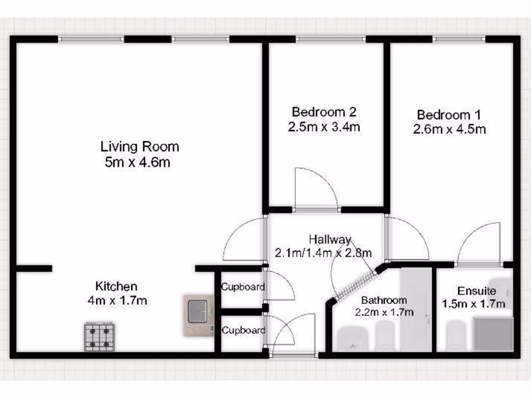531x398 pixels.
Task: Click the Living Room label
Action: (x=139, y=146)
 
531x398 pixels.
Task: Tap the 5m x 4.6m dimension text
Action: (x=137, y=162)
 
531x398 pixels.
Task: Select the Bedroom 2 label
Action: (x=324, y=111)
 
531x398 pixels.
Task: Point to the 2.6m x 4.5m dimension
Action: (x=449, y=129)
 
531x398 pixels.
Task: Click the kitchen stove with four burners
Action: (x=100, y=336)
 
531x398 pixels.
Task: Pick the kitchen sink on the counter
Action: (x=198, y=311)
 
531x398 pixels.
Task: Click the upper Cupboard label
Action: (x=243, y=287)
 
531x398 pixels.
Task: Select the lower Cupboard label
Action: (x=243, y=330)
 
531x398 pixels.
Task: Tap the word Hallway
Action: (x=330, y=239)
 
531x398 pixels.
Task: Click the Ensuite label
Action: (x=477, y=291)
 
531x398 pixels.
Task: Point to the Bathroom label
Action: (x=384, y=300)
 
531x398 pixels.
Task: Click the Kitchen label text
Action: (x=116, y=286)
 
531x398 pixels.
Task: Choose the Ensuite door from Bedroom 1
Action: (x=478, y=245)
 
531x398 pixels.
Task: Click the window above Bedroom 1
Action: (x=458, y=39)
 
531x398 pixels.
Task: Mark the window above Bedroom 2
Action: (x=330, y=39)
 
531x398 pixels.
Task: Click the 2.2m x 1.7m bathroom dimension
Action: (x=384, y=312)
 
